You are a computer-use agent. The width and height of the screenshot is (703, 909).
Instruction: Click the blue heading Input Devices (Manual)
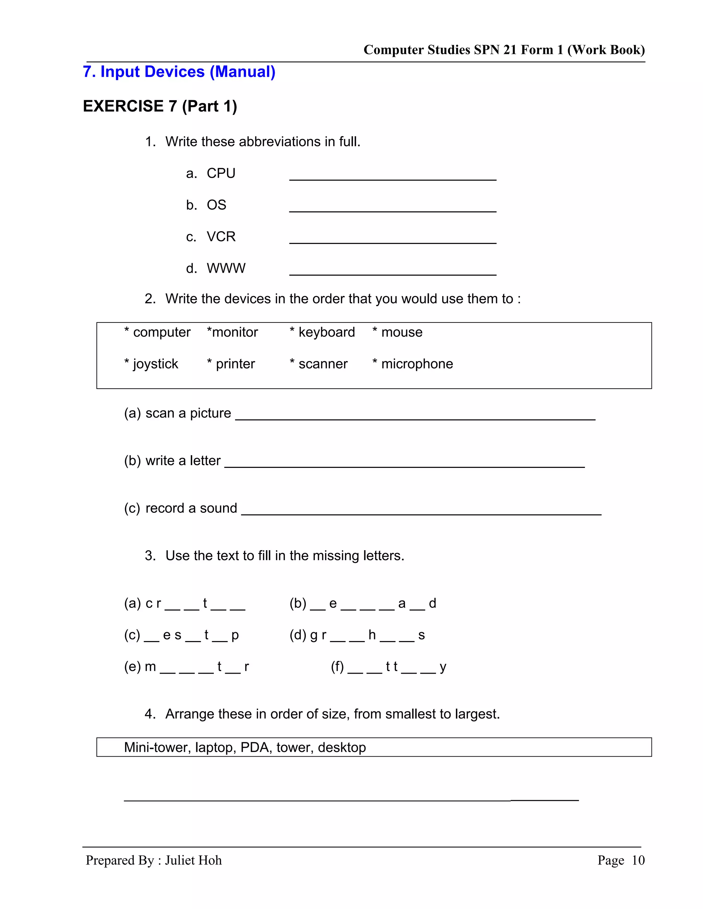[179, 72]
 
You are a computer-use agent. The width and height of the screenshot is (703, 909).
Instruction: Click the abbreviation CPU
[221, 173]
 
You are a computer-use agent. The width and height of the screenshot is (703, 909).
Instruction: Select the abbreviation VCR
[221, 236]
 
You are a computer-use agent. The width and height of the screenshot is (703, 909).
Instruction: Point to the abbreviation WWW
[226, 268]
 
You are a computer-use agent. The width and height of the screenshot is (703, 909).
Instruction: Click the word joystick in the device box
[155, 364]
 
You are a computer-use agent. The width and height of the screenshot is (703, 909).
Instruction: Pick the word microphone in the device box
[417, 364]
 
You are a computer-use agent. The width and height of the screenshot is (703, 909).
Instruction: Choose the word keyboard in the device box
[326, 332]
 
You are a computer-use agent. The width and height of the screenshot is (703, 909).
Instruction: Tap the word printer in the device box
[235, 364]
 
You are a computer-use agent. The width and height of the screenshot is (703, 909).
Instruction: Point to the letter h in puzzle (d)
[372, 635]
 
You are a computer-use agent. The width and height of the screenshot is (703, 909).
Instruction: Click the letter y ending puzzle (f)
[443, 667]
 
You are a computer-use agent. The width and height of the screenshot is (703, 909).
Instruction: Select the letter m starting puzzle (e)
[150, 666]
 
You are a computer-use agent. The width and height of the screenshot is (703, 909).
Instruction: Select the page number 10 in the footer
[638, 860]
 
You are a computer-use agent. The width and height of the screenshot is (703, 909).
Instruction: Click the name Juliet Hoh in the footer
[193, 860]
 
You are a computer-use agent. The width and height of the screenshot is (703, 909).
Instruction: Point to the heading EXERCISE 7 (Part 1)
[160, 106]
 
